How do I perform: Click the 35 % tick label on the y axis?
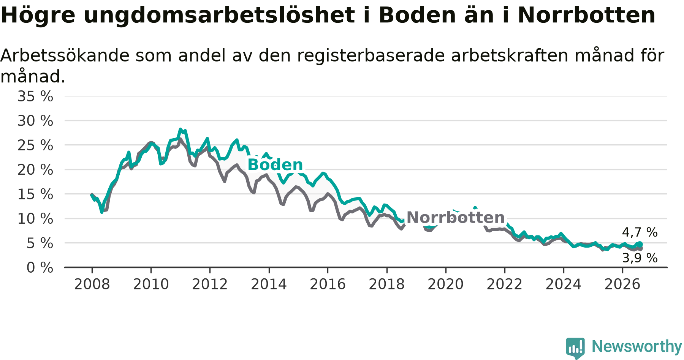[x=35, y=96]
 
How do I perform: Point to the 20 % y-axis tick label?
[x=35, y=170]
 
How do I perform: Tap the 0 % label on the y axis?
[x=40, y=268]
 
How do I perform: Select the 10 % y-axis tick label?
[x=35, y=219]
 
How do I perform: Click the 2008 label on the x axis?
[x=92, y=284]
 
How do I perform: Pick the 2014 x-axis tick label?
[x=269, y=284]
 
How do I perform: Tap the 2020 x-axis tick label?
[x=446, y=284]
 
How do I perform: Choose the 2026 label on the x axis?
[x=622, y=284]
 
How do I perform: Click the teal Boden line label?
[x=275, y=165]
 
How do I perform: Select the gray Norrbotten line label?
[x=456, y=218]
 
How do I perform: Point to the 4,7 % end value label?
[x=640, y=232]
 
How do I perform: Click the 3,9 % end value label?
[x=640, y=258]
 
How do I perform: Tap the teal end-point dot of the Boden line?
[x=640, y=244]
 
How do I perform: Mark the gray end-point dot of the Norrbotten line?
[x=640, y=248]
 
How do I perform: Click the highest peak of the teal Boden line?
[x=180, y=129]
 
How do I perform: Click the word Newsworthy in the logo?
[x=637, y=346]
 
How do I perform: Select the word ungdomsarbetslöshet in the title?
[x=219, y=16]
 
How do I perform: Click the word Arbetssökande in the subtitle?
[x=65, y=55]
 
